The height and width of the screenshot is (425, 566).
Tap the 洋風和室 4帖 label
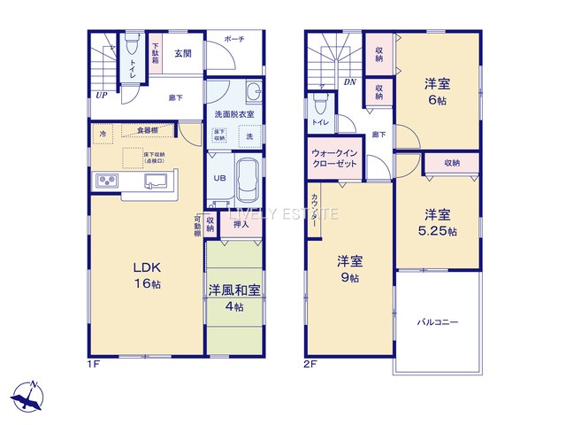click(x=234, y=298)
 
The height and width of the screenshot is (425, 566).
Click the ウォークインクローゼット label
click(x=335, y=158)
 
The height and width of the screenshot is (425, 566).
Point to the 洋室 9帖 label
click(x=348, y=269)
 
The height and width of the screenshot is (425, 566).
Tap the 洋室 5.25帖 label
click(x=437, y=222)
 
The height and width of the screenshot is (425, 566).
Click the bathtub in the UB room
click(x=247, y=179)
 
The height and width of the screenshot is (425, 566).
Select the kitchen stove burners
click(x=106, y=182)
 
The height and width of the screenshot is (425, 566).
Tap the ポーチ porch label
click(x=234, y=40)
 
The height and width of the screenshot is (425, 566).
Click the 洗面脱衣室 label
click(x=234, y=115)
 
